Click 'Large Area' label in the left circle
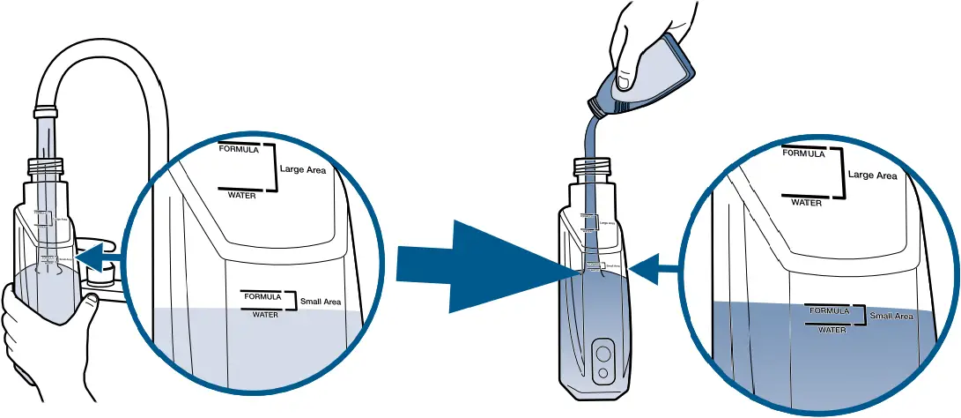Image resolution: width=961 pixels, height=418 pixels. (303, 169)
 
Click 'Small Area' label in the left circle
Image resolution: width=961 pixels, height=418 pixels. (321, 302)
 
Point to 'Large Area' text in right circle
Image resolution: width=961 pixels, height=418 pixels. (872, 175)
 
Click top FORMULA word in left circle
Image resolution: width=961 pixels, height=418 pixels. (239, 149)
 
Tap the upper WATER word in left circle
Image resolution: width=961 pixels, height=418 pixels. (241, 195)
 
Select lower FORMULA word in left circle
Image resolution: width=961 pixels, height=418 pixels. (262, 296)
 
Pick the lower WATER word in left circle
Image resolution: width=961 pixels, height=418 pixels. (265, 314)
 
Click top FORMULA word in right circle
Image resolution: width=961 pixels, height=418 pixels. (803, 153)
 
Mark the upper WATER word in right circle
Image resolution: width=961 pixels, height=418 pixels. (806, 202)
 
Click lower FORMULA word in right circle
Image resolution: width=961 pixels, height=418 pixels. (829, 311)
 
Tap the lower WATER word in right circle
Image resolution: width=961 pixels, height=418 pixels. (832, 330)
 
